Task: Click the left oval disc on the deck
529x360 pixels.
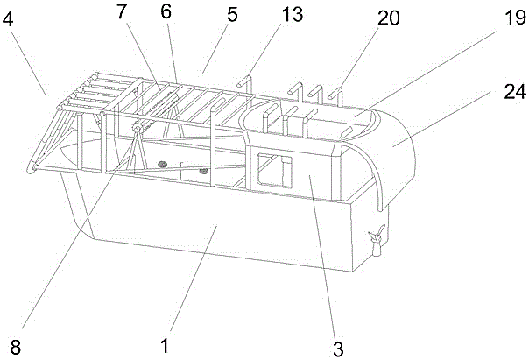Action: (x=162, y=164)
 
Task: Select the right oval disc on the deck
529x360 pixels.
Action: (x=203, y=172)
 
